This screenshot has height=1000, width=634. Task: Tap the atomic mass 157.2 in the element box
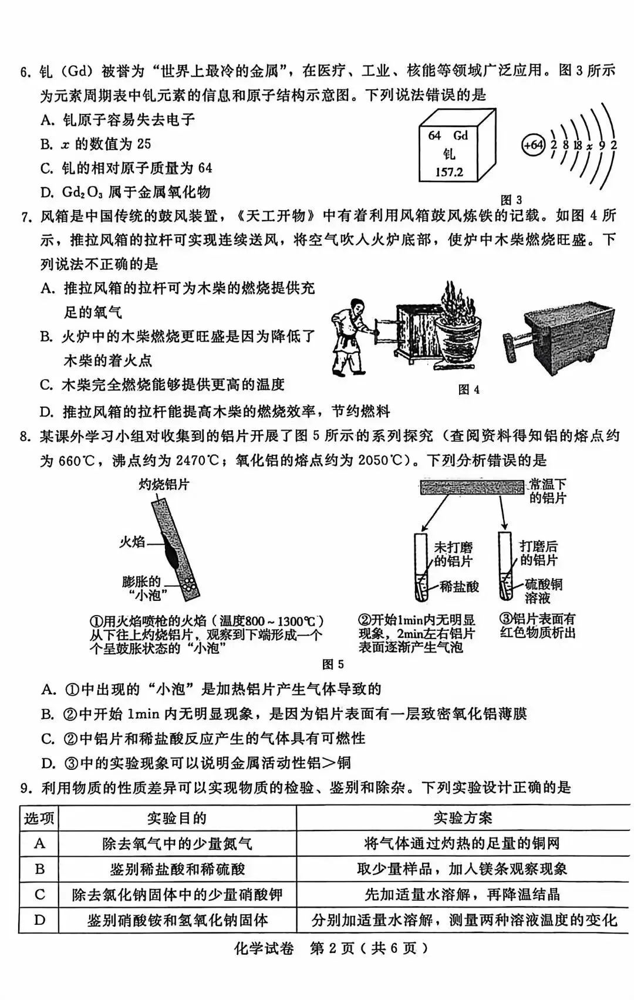[x=448, y=173]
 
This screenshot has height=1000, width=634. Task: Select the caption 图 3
[x=510, y=200]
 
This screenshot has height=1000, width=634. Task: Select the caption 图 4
[x=468, y=389]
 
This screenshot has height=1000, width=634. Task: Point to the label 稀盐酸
[x=460, y=586]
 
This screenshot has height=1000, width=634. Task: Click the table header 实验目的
[x=177, y=817]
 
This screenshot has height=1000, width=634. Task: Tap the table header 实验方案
[x=463, y=817]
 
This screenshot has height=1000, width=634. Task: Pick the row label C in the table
[x=39, y=894]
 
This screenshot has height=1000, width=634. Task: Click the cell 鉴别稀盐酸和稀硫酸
[x=177, y=869]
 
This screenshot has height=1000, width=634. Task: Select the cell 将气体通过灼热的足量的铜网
[x=463, y=843]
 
